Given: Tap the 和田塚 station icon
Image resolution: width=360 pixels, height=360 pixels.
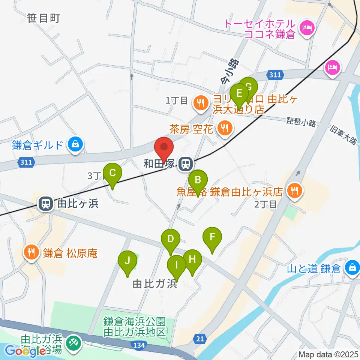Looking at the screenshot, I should [x=184, y=164].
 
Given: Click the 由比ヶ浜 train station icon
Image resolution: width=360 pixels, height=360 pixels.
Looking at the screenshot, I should [x=45, y=204].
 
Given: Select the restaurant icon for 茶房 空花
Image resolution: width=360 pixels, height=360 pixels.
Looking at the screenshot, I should [x=225, y=129].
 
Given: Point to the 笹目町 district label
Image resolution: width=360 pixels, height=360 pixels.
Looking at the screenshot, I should [x=44, y=18].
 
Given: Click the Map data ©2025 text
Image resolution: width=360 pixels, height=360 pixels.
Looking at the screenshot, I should [x=328, y=354].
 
